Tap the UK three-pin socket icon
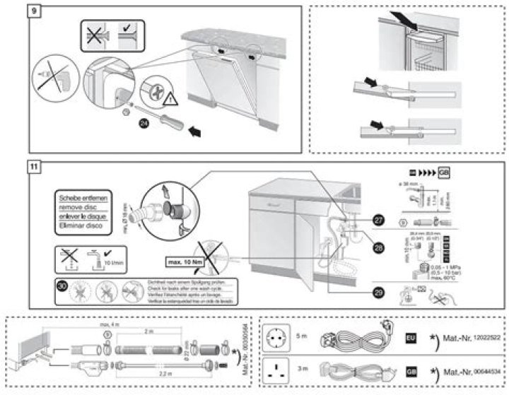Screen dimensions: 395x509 tap(276, 370)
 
